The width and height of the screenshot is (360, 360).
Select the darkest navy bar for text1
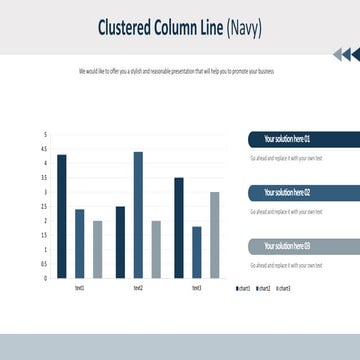point(62,216)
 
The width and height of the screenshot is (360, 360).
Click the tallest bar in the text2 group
point(138,215)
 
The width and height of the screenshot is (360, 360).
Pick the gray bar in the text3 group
point(214,235)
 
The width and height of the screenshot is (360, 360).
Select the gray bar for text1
point(97,249)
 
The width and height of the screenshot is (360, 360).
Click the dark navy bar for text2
point(120,242)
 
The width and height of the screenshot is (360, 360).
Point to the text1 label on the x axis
point(80,288)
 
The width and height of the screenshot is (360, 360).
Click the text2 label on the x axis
point(138,288)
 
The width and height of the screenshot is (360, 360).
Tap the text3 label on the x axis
point(196,288)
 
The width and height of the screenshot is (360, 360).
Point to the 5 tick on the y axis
point(45,134)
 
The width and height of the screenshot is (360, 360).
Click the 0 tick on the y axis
point(45,279)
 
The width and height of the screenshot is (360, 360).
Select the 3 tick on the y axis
point(45,192)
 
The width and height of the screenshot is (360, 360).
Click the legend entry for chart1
point(243,288)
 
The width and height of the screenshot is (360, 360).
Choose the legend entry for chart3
point(283,288)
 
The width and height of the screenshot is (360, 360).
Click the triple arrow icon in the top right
point(345,55)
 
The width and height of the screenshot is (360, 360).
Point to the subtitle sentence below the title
point(176,71)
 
